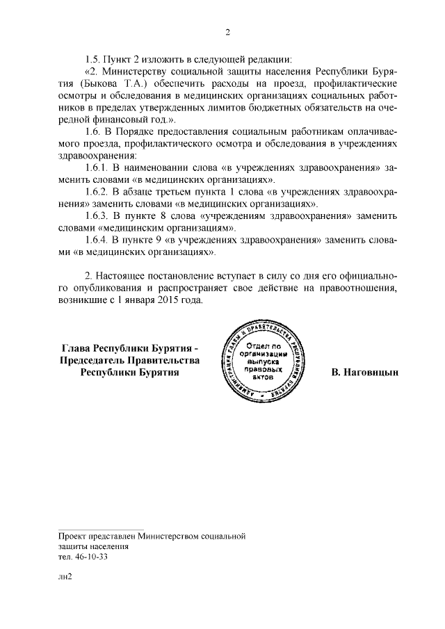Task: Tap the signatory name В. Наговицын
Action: (364, 373)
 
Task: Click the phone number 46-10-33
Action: (90, 557)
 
